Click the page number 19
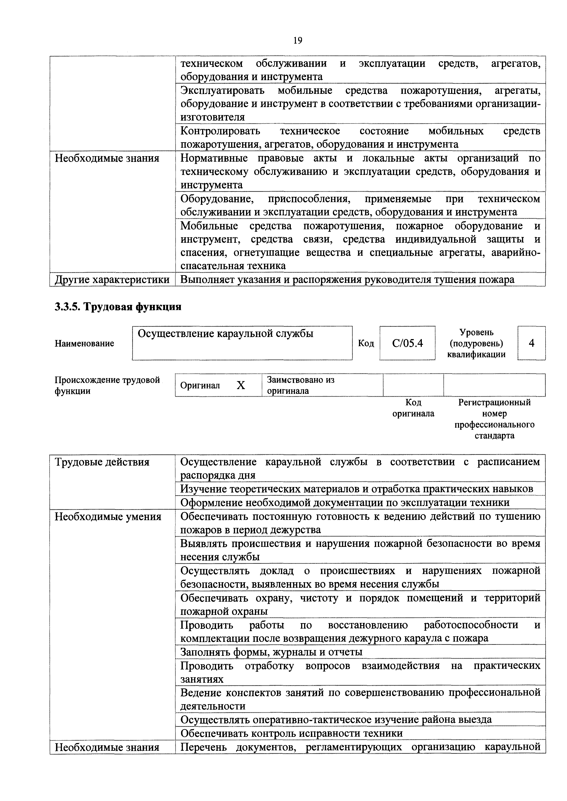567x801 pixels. click(x=298, y=41)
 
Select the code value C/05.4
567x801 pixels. click(x=407, y=343)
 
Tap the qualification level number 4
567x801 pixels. click(x=531, y=343)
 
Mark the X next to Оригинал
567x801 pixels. click(x=241, y=385)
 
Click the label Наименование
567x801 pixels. click(x=84, y=343)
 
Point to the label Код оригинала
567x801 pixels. click(x=413, y=408)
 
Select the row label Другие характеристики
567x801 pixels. click(x=112, y=280)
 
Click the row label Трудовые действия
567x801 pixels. click(x=102, y=462)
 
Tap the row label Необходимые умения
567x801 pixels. click(x=108, y=516)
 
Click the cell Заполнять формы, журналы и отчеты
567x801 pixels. click(x=271, y=652)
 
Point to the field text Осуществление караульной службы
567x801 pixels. click(x=225, y=334)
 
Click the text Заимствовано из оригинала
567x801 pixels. click(x=300, y=385)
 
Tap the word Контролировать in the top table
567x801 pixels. click(x=220, y=131)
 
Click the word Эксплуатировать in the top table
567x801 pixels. click(x=222, y=91)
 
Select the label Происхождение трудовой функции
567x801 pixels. click(x=107, y=385)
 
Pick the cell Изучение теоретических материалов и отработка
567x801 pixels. click(x=356, y=489)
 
